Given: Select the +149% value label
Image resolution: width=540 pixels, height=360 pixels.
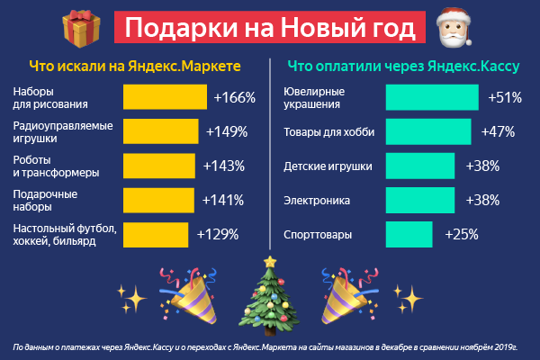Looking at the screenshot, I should (227, 132).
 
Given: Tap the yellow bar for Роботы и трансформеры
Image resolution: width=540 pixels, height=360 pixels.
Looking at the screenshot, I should (159, 166).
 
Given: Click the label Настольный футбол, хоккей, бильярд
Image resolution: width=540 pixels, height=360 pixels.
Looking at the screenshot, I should (58, 234).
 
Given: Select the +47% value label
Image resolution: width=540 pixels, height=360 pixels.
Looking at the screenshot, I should (498, 132).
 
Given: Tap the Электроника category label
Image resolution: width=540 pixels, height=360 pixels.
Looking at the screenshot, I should (317, 200).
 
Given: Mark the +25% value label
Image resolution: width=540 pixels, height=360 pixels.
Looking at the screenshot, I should (461, 234).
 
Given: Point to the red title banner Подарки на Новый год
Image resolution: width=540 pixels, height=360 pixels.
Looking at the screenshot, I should (269, 29).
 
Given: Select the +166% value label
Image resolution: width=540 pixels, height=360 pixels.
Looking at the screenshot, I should (236, 98).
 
